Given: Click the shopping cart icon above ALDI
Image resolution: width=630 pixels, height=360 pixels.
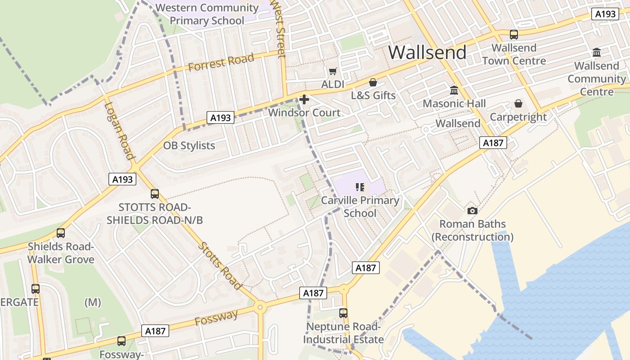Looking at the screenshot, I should click(x=333, y=71).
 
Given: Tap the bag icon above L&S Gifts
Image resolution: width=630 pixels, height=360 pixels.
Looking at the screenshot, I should click(x=373, y=82).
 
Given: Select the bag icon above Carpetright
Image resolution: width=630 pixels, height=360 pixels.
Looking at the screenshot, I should click(x=518, y=104).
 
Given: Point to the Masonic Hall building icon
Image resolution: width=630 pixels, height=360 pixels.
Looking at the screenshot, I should click(x=454, y=90).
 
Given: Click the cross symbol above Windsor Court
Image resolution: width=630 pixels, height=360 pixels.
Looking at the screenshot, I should click(x=304, y=99).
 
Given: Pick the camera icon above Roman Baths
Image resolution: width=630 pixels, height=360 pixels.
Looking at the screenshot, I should click(x=472, y=211).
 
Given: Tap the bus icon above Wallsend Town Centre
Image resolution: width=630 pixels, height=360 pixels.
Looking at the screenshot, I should click(x=513, y=35).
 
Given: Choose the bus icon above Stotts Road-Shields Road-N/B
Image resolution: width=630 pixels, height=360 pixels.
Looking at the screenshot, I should click(x=155, y=194).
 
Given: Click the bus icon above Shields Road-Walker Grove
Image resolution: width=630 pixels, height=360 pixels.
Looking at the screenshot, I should click(x=61, y=233).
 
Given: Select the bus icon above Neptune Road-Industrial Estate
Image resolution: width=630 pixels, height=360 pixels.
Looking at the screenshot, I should click(x=343, y=313).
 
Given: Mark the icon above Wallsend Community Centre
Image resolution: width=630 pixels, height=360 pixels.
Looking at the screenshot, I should click(x=597, y=53).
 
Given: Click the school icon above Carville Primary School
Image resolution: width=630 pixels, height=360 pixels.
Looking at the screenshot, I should click(x=360, y=187).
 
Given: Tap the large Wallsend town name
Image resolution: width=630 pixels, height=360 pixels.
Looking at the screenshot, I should click(x=427, y=53).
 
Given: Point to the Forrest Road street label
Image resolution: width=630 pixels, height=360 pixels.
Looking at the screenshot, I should click(x=221, y=63).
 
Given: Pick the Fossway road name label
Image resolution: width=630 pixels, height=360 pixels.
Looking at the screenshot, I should click(x=216, y=318).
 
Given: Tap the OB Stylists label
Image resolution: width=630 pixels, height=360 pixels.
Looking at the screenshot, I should click(x=189, y=146).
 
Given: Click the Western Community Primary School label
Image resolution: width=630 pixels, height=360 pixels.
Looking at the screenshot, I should click(x=207, y=14).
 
